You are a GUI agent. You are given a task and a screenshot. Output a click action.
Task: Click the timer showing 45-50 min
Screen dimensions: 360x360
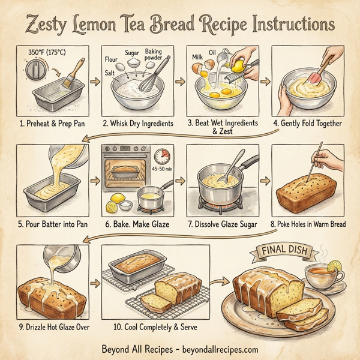[162, 157]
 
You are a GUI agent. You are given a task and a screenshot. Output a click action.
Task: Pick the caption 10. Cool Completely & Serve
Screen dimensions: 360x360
[147, 328]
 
